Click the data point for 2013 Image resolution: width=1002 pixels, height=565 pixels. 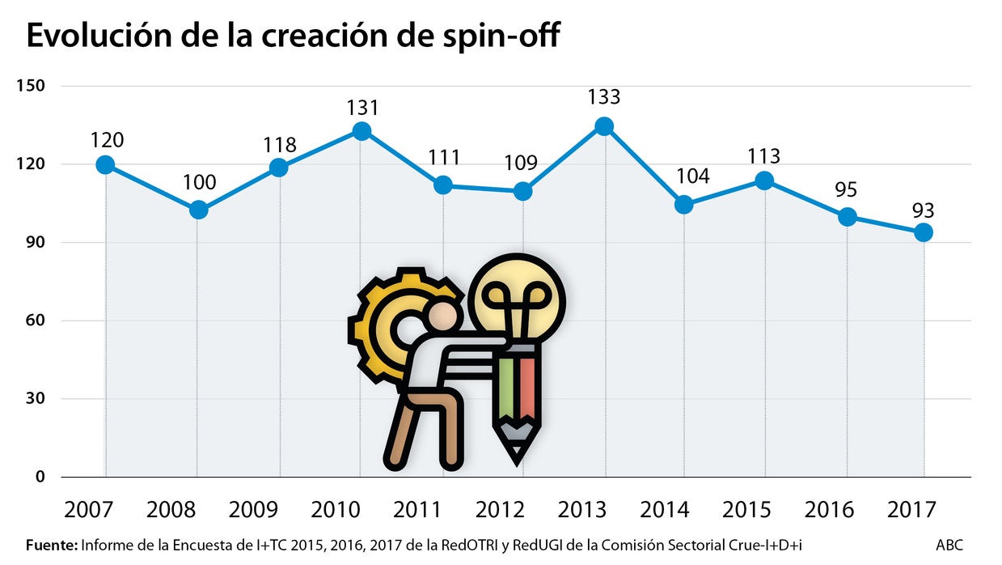tap(604, 126)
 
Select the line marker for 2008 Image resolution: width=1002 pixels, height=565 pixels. tap(198, 210)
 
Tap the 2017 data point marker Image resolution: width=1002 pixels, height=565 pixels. tap(923, 232)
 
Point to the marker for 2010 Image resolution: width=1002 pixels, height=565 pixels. tap(361, 131)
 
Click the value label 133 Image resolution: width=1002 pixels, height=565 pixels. tap(603, 97)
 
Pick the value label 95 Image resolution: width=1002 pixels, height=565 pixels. tap(847, 189)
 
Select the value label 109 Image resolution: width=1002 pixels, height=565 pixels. tap(521, 163)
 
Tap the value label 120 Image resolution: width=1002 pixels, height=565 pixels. tap(107, 140)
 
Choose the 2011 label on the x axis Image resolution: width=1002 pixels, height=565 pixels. tap(417, 510)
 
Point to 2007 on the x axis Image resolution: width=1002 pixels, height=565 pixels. tap(89, 510)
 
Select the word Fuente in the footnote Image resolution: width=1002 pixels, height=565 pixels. tap(51, 545)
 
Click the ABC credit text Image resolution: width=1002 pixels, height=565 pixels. tap(949, 545)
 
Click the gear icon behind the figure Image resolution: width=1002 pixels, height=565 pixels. tap(384, 324)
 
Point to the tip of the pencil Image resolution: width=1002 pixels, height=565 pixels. tap(516, 457)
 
